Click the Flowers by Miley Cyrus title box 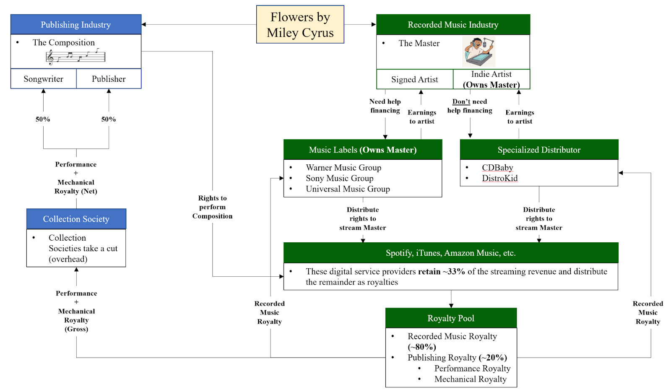click(x=300, y=24)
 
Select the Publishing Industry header click(x=76, y=25)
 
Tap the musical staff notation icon click(x=75, y=56)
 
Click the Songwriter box click(x=44, y=79)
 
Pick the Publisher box click(x=109, y=79)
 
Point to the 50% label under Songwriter click(x=43, y=119)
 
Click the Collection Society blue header click(x=76, y=219)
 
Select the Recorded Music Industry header click(x=453, y=25)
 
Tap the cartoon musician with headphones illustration click(x=479, y=51)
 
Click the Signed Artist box click(x=414, y=79)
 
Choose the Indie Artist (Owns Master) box click(x=492, y=79)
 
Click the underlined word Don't click(x=461, y=101)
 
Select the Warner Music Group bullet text click(x=343, y=168)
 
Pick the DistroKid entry click(x=499, y=178)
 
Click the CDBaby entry click(x=497, y=168)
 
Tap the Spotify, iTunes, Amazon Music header click(x=451, y=253)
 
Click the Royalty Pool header click(x=451, y=318)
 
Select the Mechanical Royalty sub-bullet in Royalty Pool click(x=470, y=379)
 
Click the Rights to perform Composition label click(x=212, y=207)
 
